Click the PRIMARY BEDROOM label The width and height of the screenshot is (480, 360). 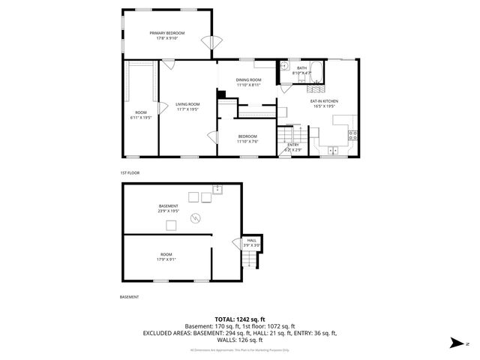click(x=166, y=33)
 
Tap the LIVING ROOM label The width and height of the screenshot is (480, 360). click(x=187, y=104)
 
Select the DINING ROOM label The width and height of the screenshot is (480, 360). click(x=248, y=79)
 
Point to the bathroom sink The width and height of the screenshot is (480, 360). click(x=286, y=67)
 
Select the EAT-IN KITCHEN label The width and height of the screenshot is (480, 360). click(x=324, y=100)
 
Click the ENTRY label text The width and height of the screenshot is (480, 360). click(x=292, y=145)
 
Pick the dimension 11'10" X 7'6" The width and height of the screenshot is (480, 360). click(x=247, y=141)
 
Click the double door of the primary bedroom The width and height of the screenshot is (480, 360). click(x=212, y=43)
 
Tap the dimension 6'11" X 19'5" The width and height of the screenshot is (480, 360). click(x=141, y=118)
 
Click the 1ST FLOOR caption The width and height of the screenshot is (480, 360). click(x=130, y=172)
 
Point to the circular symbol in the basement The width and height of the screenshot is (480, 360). click(x=196, y=218)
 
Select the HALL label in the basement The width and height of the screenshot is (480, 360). click(x=251, y=240)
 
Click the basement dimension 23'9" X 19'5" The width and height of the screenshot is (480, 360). click(x=168, y=211)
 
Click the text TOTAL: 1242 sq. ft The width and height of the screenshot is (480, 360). click(x=240, y=319)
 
